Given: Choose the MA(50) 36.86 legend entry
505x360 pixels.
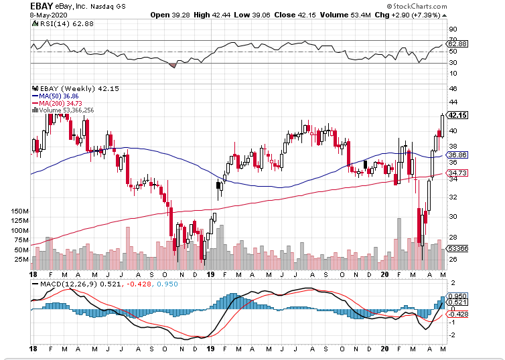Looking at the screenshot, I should pos(60,96).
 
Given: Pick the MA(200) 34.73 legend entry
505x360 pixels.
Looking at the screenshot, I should pos(62,103).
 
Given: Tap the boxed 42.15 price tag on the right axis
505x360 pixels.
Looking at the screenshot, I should pos(457,115).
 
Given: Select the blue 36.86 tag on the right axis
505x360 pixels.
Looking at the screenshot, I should pos(457,154).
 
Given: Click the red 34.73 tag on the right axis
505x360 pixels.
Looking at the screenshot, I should pos(457,173).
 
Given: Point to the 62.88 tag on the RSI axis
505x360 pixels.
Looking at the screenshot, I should pos(457,43).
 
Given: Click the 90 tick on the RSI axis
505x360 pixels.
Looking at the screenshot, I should pos(453,29).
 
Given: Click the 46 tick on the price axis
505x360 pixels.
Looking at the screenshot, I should pos(453,88).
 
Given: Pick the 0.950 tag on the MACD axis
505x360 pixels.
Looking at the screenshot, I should pos(457,295).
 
